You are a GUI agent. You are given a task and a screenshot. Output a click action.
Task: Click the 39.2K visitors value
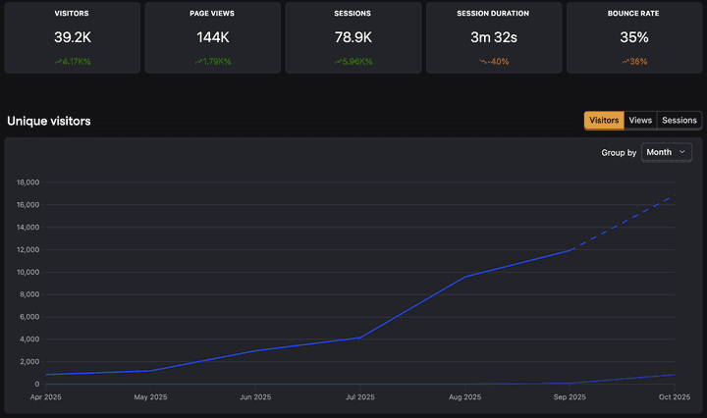(72, 37)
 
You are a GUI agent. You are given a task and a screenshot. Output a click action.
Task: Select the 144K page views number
(212, 37)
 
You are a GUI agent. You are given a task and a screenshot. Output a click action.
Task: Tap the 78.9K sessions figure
(353, 37)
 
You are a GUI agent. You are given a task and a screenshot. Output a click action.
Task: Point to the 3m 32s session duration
(494, 37)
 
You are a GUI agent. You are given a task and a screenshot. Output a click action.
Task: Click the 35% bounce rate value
(634, 37)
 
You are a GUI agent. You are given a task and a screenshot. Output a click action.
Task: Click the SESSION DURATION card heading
(494, 14)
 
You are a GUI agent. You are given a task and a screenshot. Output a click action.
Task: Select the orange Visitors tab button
(604, 121)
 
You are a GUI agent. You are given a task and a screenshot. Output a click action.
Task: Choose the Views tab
(640, 121)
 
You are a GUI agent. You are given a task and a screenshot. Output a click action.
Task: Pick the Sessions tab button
(680, 121)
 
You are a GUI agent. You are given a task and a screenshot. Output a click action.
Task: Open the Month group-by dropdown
(667, 152)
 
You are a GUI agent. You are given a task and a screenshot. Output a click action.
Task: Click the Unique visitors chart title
(49, 121)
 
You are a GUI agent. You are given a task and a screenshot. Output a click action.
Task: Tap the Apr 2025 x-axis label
(45, 397)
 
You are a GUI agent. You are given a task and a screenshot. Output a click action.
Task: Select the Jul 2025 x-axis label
(360, 397)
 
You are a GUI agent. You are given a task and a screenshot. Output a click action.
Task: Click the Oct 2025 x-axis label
(675, 397)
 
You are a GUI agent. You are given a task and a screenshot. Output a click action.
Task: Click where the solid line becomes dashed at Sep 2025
(571, 250)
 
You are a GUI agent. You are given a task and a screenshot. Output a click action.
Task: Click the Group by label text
(619, 152)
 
